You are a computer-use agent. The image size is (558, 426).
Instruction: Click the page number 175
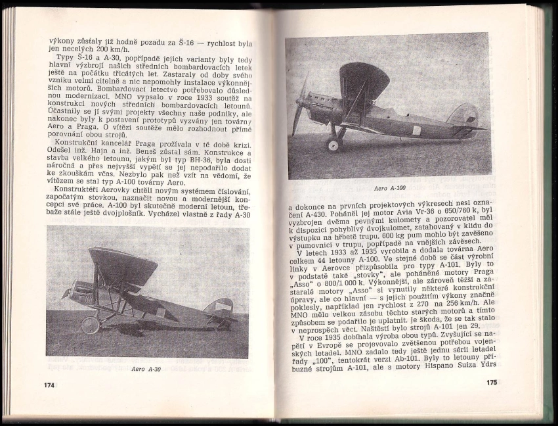[x=492, y=382]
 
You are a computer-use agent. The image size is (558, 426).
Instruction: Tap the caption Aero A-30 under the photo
[x=146, y=369]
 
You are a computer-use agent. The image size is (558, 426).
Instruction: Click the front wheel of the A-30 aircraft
[x=90, y=324]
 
